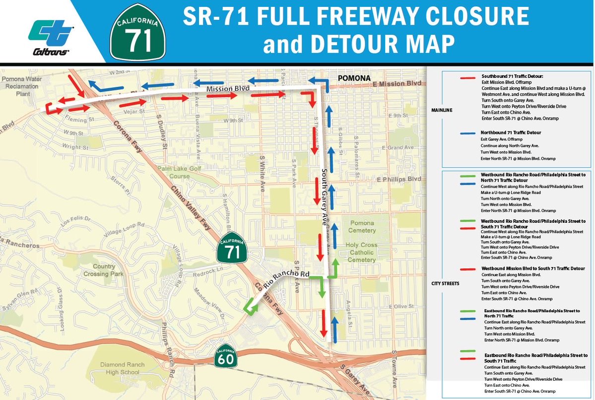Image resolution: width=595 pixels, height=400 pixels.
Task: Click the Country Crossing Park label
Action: point(104,270)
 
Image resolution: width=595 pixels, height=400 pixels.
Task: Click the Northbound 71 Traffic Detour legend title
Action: point(511,133)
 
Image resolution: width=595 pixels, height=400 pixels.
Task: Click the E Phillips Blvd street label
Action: point(398,179)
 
